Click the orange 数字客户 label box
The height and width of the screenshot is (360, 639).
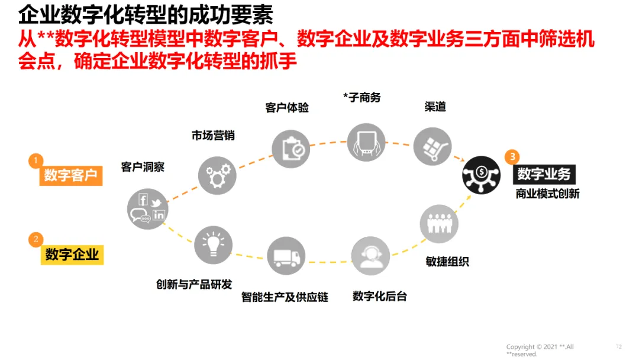[x=70, y=175]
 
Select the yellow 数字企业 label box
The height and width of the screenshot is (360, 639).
[x=72, y=255]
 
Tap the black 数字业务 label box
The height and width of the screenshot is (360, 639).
[x=544, y=173]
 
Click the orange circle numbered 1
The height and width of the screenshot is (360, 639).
[x=36, y=160]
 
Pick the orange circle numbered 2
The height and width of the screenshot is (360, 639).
[x=36, y=239]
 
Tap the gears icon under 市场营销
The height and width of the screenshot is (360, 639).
[x=217, y=175]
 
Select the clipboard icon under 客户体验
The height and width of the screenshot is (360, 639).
[x=291, y=148]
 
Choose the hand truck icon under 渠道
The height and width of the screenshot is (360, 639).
[x=433, y=144]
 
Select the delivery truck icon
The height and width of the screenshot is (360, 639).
[x=286, y=256]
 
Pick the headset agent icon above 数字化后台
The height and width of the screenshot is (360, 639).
[x=370, y=256]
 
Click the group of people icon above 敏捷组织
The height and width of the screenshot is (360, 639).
[x=439, y=224]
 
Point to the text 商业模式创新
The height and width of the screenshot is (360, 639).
[x=547, y=194]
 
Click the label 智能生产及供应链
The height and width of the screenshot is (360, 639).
[x=285, y=297]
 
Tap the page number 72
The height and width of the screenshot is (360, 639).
[x=619, y=346]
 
